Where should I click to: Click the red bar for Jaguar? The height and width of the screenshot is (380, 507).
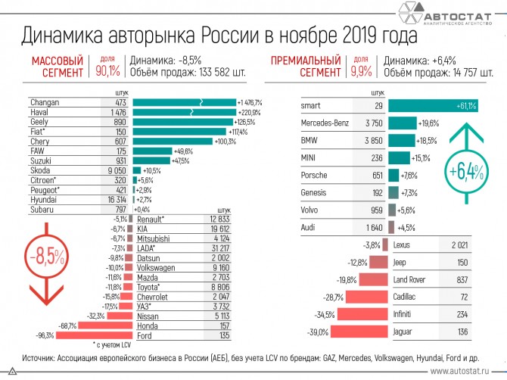359,332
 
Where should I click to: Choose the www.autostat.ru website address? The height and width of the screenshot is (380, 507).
462,372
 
